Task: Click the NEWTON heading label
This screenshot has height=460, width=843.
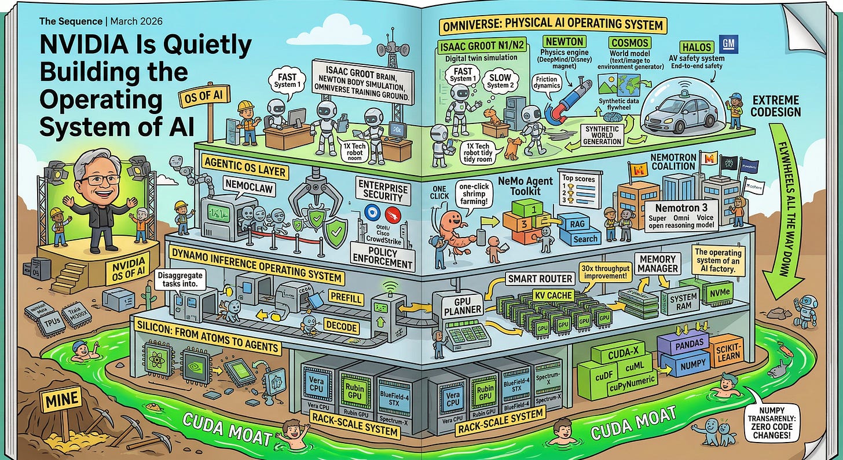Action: [563, 42]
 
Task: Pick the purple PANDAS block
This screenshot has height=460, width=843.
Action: [688, 343]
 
